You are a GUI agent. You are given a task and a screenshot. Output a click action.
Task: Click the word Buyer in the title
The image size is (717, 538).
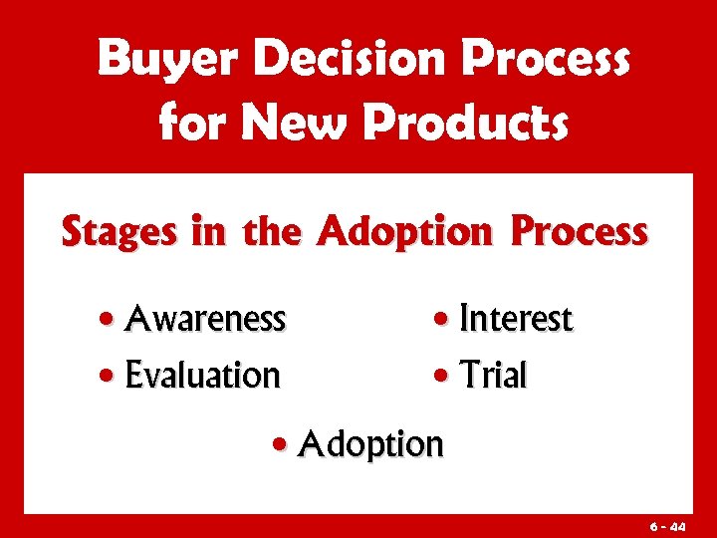pyautogui.click(x=170, y=60)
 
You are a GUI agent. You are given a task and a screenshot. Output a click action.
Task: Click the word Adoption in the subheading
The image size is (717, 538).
pyautogui.click(x=403, y=233)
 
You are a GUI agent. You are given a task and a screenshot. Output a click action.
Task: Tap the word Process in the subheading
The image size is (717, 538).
pyautogui.click(x=579, y=231)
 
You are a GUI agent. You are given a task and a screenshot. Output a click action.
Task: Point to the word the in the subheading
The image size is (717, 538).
pyautogui.click(x=271, y=231)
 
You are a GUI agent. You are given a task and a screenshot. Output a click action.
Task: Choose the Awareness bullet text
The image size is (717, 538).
pyautogui.click(x=206, y=319)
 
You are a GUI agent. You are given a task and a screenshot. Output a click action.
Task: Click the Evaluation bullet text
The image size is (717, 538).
pyautogui.click(x=203, y=376)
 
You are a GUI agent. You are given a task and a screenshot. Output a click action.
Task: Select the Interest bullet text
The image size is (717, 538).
pyautogui.click(x=516, y=320)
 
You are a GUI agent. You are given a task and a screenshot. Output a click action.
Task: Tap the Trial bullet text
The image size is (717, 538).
pyautogui.click(x=493, y=376)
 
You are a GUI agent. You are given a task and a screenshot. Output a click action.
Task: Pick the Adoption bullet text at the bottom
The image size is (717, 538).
pyautogui.click(x=370, y=442)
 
